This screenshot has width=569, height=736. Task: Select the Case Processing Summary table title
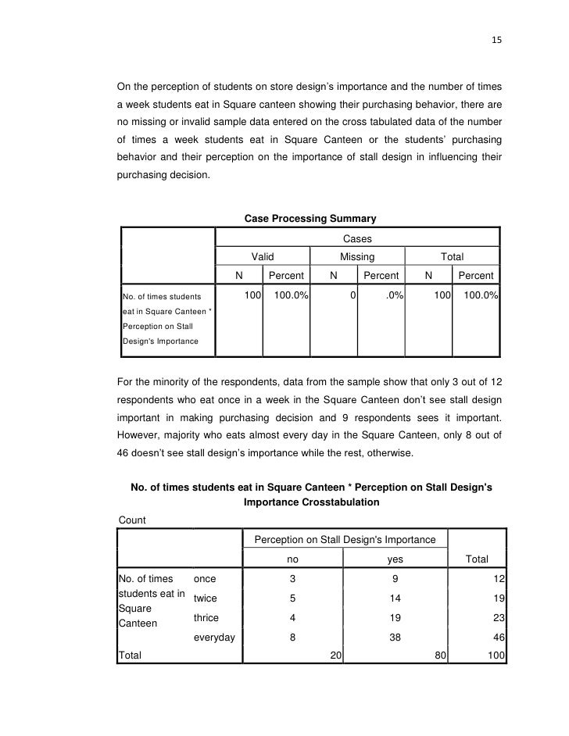click(x=310, y=219)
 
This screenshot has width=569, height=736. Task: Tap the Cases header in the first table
click(x=357, y=238)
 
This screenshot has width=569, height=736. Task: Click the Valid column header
click(x=263, y=257)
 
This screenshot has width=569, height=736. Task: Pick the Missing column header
click(x=357, y=257)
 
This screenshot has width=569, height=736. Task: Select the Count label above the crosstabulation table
click(x=131, y=520)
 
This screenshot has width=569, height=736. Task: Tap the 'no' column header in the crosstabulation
click(x=293, y=559)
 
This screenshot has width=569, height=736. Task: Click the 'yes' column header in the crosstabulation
click(x=395, y=559)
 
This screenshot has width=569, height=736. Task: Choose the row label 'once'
click(x=205, y=579)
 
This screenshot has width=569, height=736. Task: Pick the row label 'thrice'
click(x=207, y=618)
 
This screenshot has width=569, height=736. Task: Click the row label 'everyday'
click(x=214, y=638)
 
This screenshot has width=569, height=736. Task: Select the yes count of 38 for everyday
click(x=395, y=638)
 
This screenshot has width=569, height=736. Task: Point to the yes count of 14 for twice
click(x=395, y=598)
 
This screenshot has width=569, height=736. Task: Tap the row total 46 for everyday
click(x=497, y=638)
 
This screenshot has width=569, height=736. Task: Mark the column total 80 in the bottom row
click(x=440, y=656)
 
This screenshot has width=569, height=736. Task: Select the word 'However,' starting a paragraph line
click(x=137, y=434)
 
